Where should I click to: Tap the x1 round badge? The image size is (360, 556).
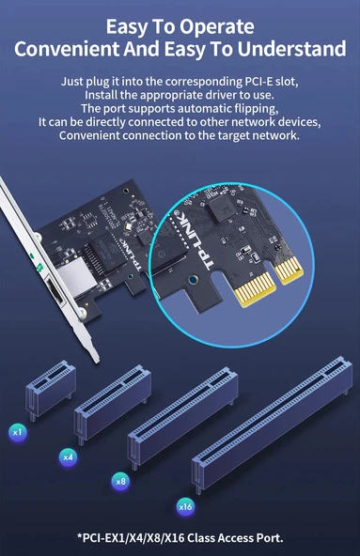(x=16, y=432)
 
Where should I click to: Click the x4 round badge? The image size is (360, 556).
(x=68, y=457)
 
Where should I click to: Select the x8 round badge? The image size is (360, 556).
(x=120, y=481)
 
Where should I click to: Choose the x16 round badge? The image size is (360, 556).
(x=185, y=507)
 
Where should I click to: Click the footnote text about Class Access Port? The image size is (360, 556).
(x=180, y=537)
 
